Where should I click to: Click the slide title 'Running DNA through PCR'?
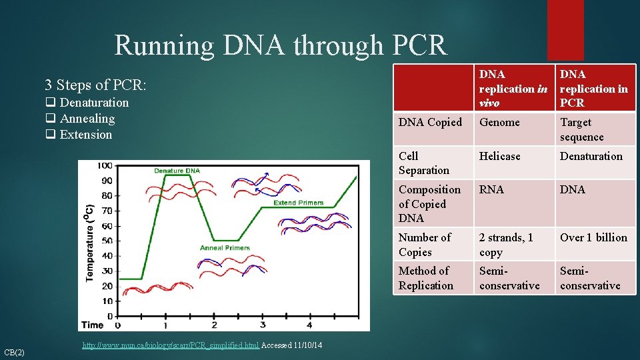click(x=281, y=45)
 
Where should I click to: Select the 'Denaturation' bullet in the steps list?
click(x=93, y=103)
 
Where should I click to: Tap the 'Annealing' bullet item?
click(x=87, y=119)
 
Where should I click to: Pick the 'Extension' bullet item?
click(x=85, y=135)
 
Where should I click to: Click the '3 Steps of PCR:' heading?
click(x=95, y=85)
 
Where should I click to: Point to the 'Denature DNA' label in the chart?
click(x=177, y=171)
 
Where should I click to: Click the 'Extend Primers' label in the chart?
click(x=298, y=203)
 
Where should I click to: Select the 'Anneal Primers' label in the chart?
click(x=225, y=248)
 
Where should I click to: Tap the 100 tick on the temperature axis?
click(x=105, y=165)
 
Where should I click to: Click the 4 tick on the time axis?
click(x=309, y=325)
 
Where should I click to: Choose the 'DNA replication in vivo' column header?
click(x=513, y=89)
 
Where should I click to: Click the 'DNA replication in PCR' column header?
click(x=594, y=89)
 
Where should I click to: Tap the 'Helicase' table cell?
click(x=499, y=156)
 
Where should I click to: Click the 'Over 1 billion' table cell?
click(x=593, y=237)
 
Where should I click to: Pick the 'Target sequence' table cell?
click(x=581, y=129)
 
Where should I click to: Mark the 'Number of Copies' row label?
click(x=425, y=245)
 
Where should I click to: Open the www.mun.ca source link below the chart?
click(x=170, y=345)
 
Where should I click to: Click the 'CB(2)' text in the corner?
click(x=14, y=352)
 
